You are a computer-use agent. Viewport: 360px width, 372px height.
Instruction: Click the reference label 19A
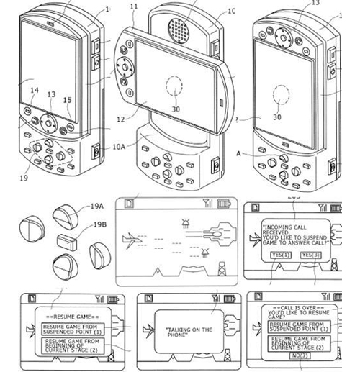point(96,206)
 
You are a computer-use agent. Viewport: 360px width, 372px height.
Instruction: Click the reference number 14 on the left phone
point(34,91)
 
